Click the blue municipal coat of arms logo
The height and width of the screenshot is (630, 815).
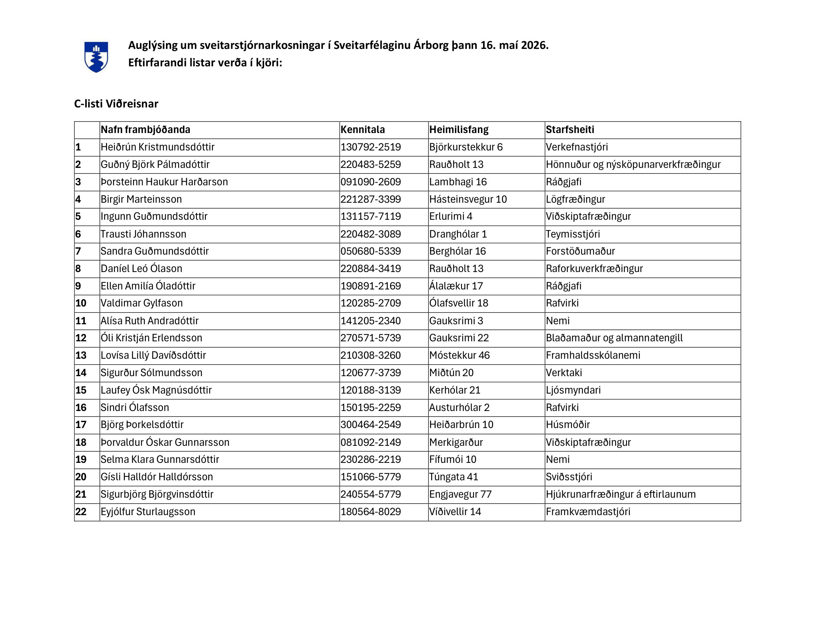[x=96, y=57]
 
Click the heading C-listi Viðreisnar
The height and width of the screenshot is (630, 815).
[x=116, y=104]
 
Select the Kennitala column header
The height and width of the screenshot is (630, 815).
[x=362, y=129]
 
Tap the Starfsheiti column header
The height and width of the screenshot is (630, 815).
[x=570, y=129]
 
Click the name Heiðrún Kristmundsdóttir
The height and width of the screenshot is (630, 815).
[x=157, y=147]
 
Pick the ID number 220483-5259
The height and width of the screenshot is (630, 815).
[x=370, y=165]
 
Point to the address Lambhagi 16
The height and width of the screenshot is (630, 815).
[x=458, y=182]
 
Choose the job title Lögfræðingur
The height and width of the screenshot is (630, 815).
[x=575, y=199]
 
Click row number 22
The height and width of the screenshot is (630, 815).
[x=81, y=512]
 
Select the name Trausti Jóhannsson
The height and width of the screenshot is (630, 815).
[x=143, y=234]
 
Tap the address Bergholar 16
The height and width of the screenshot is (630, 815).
[x=458, y=251]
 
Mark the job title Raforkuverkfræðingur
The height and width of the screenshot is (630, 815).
[x=594, y=269]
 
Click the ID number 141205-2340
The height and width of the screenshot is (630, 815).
[x=370, y=321]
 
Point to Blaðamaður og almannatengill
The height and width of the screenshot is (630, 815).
[x=614, y=338]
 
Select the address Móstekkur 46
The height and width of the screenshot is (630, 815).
[x=459, y=355]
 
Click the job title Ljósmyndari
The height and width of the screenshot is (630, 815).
[x=573, y=390]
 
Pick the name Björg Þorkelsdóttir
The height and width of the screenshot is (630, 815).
[x=142, y=425]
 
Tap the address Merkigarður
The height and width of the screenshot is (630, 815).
[x=456, y=442]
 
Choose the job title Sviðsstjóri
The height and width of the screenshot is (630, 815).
[x=569, y=477]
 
